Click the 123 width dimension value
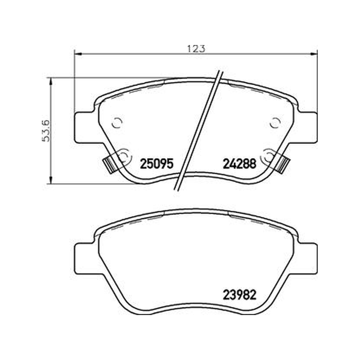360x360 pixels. (196, 49)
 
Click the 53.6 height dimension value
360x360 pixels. (46, 131)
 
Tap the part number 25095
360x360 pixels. (156, 164)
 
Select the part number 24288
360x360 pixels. (239, 164)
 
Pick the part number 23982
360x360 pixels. (239, 295)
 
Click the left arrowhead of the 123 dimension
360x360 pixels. (78, 54)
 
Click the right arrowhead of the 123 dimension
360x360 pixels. (314, 54)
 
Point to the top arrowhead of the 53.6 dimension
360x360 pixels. (51, 81)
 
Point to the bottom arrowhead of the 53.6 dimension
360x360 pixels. (51, 180)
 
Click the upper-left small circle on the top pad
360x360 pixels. (117, 123)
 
